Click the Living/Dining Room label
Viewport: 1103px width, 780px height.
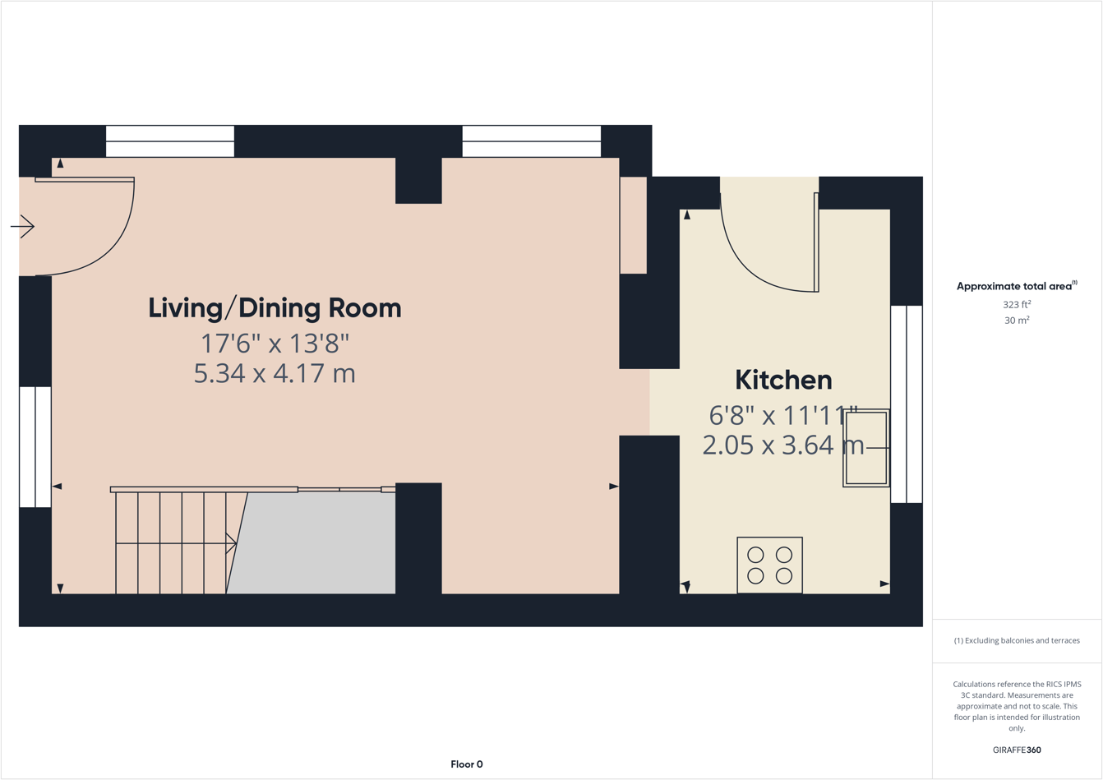[x=275, y=308]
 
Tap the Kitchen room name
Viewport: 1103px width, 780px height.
[x=783, y=380]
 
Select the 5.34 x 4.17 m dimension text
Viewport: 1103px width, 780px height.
[x=275, y=373]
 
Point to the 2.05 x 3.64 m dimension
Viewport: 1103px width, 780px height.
[x=783, y=445]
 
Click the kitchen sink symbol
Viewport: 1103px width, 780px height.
[x=866, y=448]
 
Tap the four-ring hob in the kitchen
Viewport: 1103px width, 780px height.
[x=769, y=565]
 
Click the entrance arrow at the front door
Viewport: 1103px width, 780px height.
[x=23, y=226]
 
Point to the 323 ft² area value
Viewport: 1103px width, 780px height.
[x=1017, y=304]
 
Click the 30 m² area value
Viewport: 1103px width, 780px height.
[x=1017, y=321]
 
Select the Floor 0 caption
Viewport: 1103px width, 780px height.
[x=467, y=764]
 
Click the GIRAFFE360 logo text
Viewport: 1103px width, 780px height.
[x=1017, y=750]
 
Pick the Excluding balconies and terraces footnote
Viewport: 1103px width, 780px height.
[x=1017, y=640]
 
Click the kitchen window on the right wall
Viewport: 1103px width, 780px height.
[x=907, y=404]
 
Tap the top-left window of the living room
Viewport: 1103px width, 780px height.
[x=170, y=141]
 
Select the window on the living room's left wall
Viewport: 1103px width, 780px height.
[x=35, y=447]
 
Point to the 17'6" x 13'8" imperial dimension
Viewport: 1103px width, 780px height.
[x=275, y=342]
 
